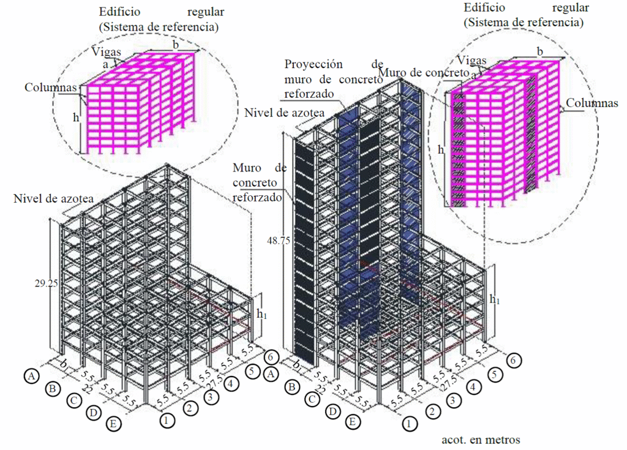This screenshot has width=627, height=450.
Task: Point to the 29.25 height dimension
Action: click(46, 283)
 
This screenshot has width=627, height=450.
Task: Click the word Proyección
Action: click(314, 64)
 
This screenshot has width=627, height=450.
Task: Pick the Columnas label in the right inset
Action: click(591, 103)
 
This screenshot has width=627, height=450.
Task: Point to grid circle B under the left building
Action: click(53, 388)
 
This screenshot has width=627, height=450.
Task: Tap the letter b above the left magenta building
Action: click(176, 44)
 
